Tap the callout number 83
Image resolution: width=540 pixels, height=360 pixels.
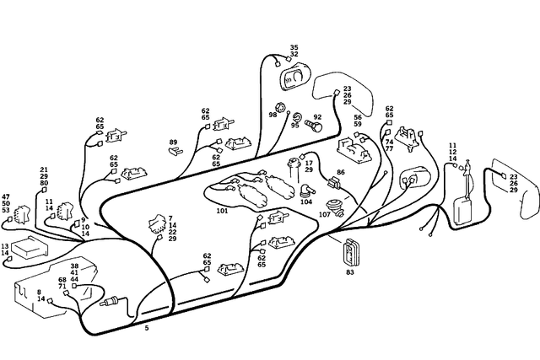[x=350, y=272]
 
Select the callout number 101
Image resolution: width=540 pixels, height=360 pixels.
[x=222, y=211]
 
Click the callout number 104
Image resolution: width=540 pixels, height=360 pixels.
[x=306, y=202]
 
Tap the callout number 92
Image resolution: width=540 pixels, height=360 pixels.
[x=318, y=117]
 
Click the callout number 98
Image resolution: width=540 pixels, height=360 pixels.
[x=273, y=115]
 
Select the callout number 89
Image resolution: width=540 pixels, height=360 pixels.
[x=173, y=142]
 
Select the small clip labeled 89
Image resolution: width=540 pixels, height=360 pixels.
[x=175, y=153]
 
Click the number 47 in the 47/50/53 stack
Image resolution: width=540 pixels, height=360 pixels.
[x=6, y=196]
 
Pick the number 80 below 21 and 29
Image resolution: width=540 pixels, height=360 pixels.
[x=44, y=183]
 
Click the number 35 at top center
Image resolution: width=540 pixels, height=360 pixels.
[x=294, y=47]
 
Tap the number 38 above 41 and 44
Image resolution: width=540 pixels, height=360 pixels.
[x=74, y=266]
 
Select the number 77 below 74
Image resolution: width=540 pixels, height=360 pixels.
[x=389, y=148]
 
